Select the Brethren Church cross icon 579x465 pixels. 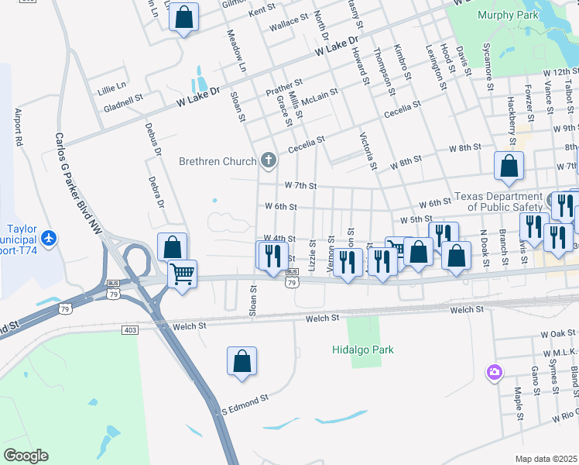pyautogui.click(x=268, y=161)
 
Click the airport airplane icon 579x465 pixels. pyautogui.click(x=50, y=237)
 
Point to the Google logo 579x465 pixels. pyautogui.click(x=26, y=456)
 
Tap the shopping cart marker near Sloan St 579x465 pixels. pyautogui.click(x=183, y=273)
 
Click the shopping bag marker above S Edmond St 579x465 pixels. pyautogui.click(x=242, y=361)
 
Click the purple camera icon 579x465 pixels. pyautogui.click(x=494, y=373)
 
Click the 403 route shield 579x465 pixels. pyautogui.click(x=129, y=330)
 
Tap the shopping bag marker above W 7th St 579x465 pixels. pyautogui.click(x=509, y=166)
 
